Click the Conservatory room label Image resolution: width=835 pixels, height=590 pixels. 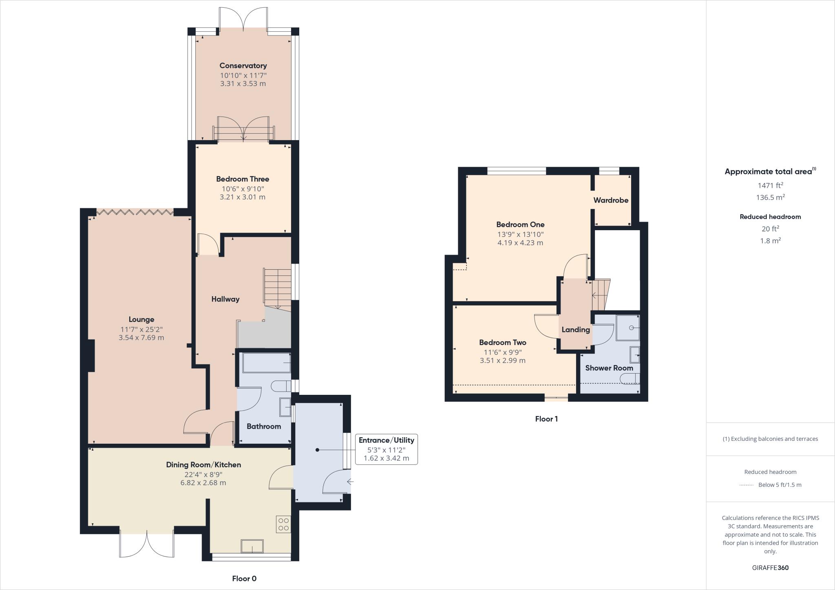pos(243,66)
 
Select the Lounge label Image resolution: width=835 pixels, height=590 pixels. pos(141,319)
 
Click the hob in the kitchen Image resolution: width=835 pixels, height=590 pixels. pos(283,524)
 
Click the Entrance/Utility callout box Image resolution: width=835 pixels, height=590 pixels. pos(386,449)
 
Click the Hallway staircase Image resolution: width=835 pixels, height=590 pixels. pos(277,288)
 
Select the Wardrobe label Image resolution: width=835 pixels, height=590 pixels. pos(610,200)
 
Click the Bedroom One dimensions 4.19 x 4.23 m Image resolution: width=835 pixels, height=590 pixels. pos(520,243)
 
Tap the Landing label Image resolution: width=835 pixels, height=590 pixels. pos(575,330)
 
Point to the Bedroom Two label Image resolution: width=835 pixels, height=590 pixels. pos(502,343)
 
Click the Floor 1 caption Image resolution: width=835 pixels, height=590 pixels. pos(546,419)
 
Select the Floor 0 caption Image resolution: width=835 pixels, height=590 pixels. pos(244,579)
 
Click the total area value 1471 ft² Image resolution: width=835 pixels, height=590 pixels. pos(770,185)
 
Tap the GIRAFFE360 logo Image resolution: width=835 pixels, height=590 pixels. pos(770,568)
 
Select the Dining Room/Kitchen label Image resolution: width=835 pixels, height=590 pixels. pos(203,465)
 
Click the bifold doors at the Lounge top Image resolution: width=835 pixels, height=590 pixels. pos(135,212)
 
